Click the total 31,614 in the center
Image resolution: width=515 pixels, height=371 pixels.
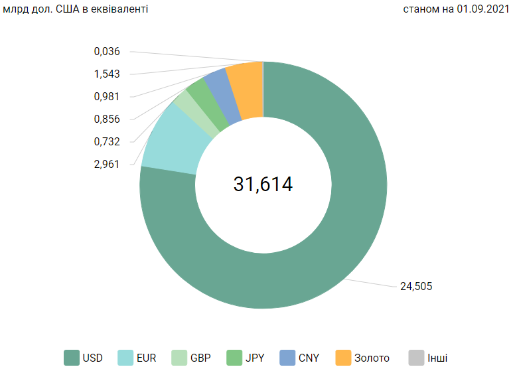263,185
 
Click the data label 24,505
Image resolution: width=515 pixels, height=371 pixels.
417,287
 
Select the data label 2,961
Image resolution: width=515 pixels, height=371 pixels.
106,163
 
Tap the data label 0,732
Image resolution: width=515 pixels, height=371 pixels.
106,141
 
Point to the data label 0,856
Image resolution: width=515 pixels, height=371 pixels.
106,119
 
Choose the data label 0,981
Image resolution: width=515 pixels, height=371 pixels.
106,97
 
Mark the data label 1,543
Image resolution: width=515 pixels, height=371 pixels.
106,74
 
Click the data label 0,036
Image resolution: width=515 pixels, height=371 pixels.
106,51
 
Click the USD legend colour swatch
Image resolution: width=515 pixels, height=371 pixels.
72,358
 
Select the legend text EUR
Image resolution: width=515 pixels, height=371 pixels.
146,358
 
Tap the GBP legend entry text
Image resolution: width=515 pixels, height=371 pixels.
200,358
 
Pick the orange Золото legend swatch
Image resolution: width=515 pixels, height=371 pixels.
343,358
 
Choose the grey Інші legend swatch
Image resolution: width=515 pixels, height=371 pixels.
416,358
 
